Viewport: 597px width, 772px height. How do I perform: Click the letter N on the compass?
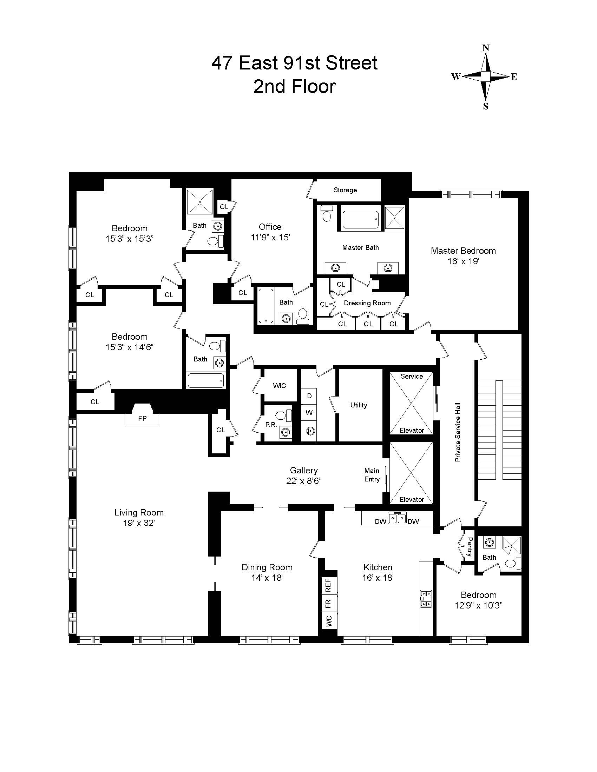pos(486,48)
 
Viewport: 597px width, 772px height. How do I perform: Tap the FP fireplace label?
pos(142,419)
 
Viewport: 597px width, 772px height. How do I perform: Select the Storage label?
pos(345,190)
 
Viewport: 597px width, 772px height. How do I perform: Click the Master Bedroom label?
pos(463,251)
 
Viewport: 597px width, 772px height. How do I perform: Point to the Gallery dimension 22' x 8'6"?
pos(304,481)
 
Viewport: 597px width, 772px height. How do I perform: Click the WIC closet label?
pos(279,386)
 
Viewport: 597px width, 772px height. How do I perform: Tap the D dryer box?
pos(309,396)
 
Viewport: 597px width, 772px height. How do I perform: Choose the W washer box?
pos(309,413)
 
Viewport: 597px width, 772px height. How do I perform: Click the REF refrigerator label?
pos(328,585)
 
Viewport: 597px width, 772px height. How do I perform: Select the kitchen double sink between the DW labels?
pos(397,519)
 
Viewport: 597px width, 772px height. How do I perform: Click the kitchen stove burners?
pos(426,599)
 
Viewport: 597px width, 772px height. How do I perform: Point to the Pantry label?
pos(469,547)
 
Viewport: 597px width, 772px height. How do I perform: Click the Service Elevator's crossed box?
pos(411,403)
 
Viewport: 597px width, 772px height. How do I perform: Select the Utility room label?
pos(359,405)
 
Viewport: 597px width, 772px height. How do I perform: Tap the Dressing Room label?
pos(367,303)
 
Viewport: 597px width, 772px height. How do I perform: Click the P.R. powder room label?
pos(271,425)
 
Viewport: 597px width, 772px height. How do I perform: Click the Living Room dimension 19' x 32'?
pos(139,523)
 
